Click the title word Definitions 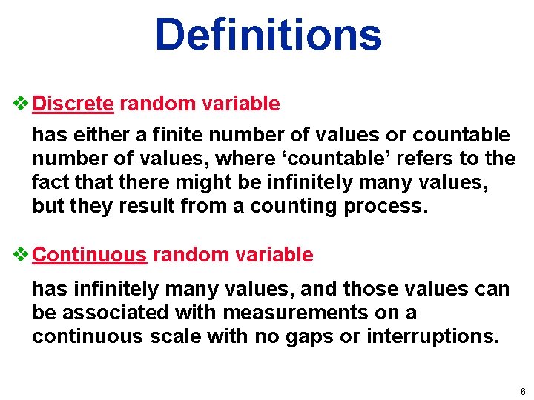268,34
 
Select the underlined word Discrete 73,104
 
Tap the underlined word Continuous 90,255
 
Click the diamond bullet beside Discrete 22,104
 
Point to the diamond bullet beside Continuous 22,255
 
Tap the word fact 50,182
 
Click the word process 386,206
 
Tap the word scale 185,336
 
